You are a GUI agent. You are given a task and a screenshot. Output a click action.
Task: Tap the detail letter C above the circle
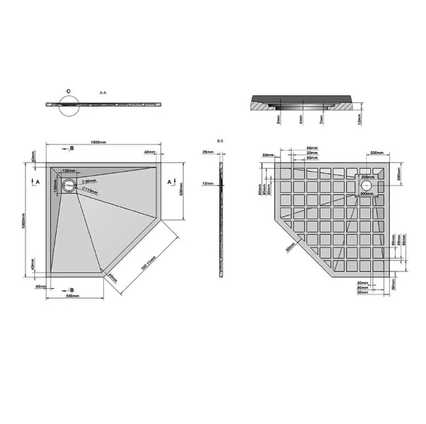[68, 91]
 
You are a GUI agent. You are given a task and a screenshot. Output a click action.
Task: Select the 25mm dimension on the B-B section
[208, 152]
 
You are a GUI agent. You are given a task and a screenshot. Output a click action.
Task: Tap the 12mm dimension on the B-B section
[208, 184]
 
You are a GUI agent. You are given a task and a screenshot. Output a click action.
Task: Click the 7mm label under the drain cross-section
[321, 121]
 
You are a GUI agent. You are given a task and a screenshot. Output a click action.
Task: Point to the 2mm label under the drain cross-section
[280, 121]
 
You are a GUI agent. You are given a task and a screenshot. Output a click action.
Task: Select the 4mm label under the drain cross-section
[301, 121]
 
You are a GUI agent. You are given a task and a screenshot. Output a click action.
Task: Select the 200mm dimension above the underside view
[376, 153]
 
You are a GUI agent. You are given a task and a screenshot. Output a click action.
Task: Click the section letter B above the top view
[71, 148]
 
